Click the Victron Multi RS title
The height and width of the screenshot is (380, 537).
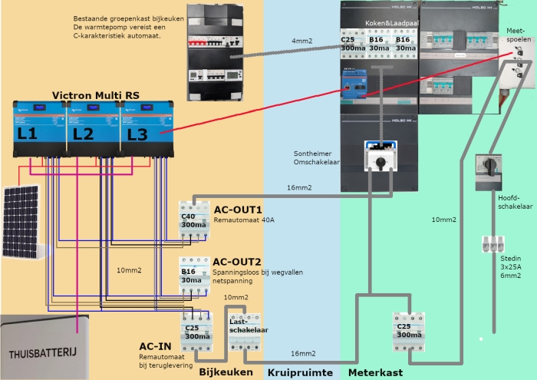[x=89, y=95]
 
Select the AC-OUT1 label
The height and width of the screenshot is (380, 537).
[x=238, y=210]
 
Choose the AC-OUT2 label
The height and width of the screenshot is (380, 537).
[x=238, y=263]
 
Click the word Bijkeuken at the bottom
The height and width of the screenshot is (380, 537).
[x=226, y=372]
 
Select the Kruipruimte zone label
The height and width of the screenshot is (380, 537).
[x=299, y=372]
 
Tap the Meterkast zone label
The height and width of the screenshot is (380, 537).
[x=373, y=372]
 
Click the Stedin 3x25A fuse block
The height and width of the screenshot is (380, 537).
[x=492, y=245]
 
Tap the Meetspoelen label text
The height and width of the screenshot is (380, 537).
[x=516, y=34]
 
